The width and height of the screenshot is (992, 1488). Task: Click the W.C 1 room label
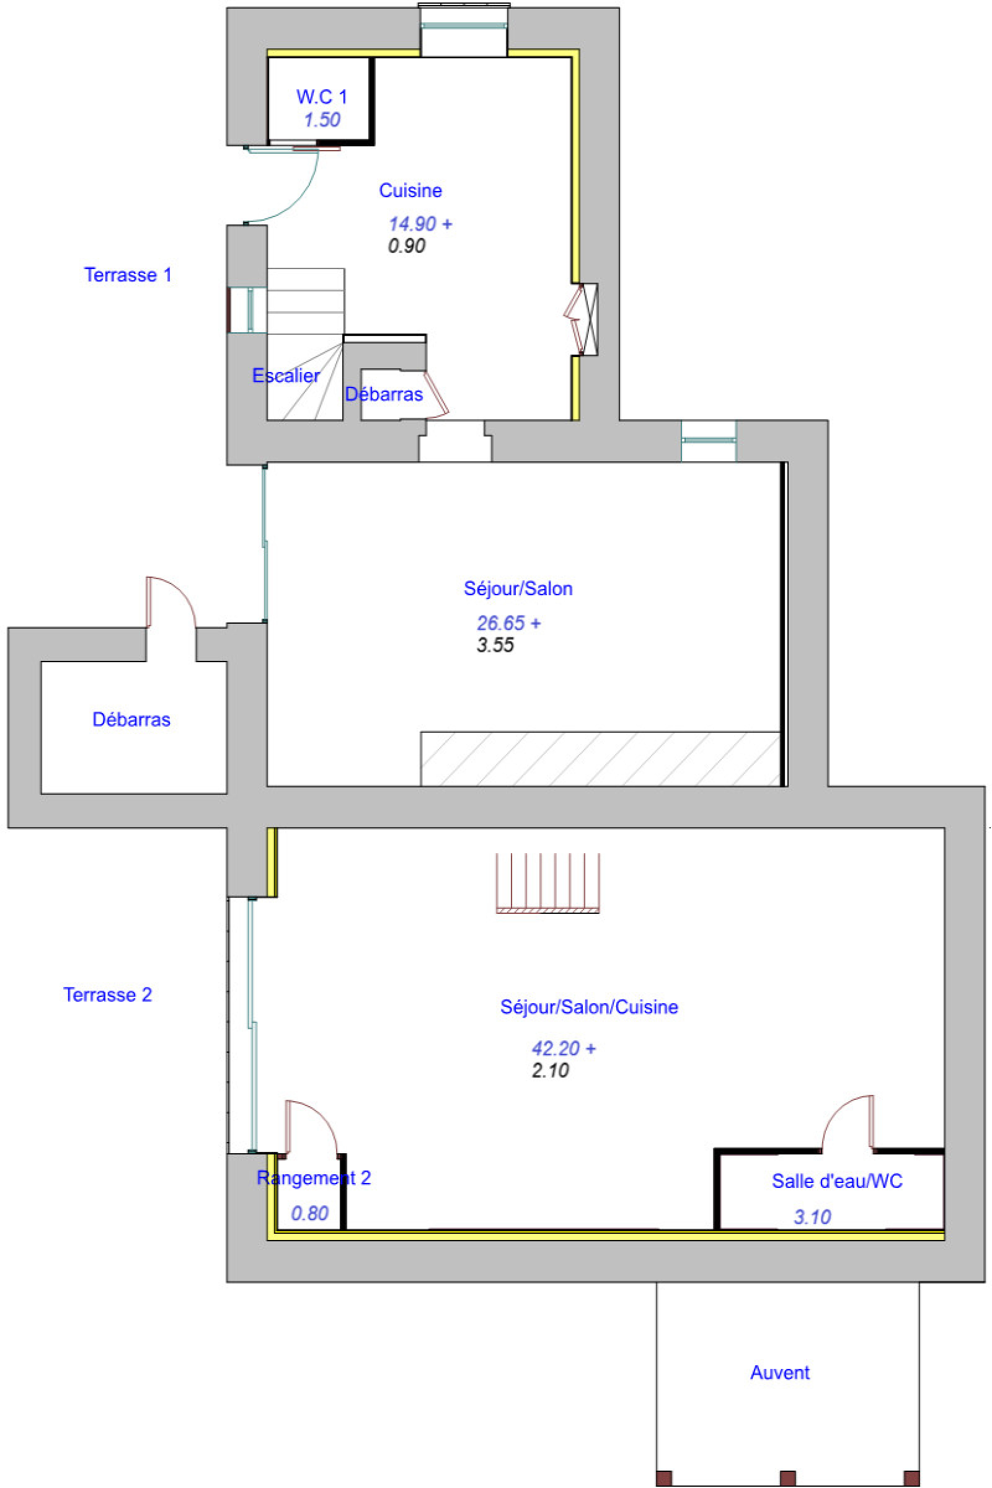click(x=321, y=97)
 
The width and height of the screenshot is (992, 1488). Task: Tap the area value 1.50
click(x=321, y=120)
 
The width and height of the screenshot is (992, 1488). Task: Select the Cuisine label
click(x=410, y=190)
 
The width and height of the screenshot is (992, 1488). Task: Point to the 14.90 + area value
click(x=420, y=224)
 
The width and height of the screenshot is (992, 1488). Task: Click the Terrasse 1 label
click(x=128, y=275)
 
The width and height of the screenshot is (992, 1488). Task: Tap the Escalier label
click(x=286, y=376)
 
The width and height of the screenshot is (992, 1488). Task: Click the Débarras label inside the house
click(x=383, y=395)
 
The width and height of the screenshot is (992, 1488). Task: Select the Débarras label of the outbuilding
click(x=131, y=720)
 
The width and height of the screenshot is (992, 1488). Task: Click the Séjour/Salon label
click(x=518, y=589)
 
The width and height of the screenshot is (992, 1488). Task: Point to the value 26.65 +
click(x=508, y=623)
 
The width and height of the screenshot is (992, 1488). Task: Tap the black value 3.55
click(x=495, y=645)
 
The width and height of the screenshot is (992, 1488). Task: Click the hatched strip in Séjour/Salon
click(x=600, y=759)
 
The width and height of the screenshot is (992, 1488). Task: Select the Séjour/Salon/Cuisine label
click(x=589, y=1007)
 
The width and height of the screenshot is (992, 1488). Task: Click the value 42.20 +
click(x=563, y=1049)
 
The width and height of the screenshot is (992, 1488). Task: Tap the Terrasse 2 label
click(x=107, y=995)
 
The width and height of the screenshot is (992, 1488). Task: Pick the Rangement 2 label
click(x=313, y=1178)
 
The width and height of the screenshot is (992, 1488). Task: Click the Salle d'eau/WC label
click(x=836, y=1181)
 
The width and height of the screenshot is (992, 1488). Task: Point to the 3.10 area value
click(x=812, y=1216)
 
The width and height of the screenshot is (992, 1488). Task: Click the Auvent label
click(x=779, y=1373)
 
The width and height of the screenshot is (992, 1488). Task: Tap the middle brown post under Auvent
click(x=787, y=1479)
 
